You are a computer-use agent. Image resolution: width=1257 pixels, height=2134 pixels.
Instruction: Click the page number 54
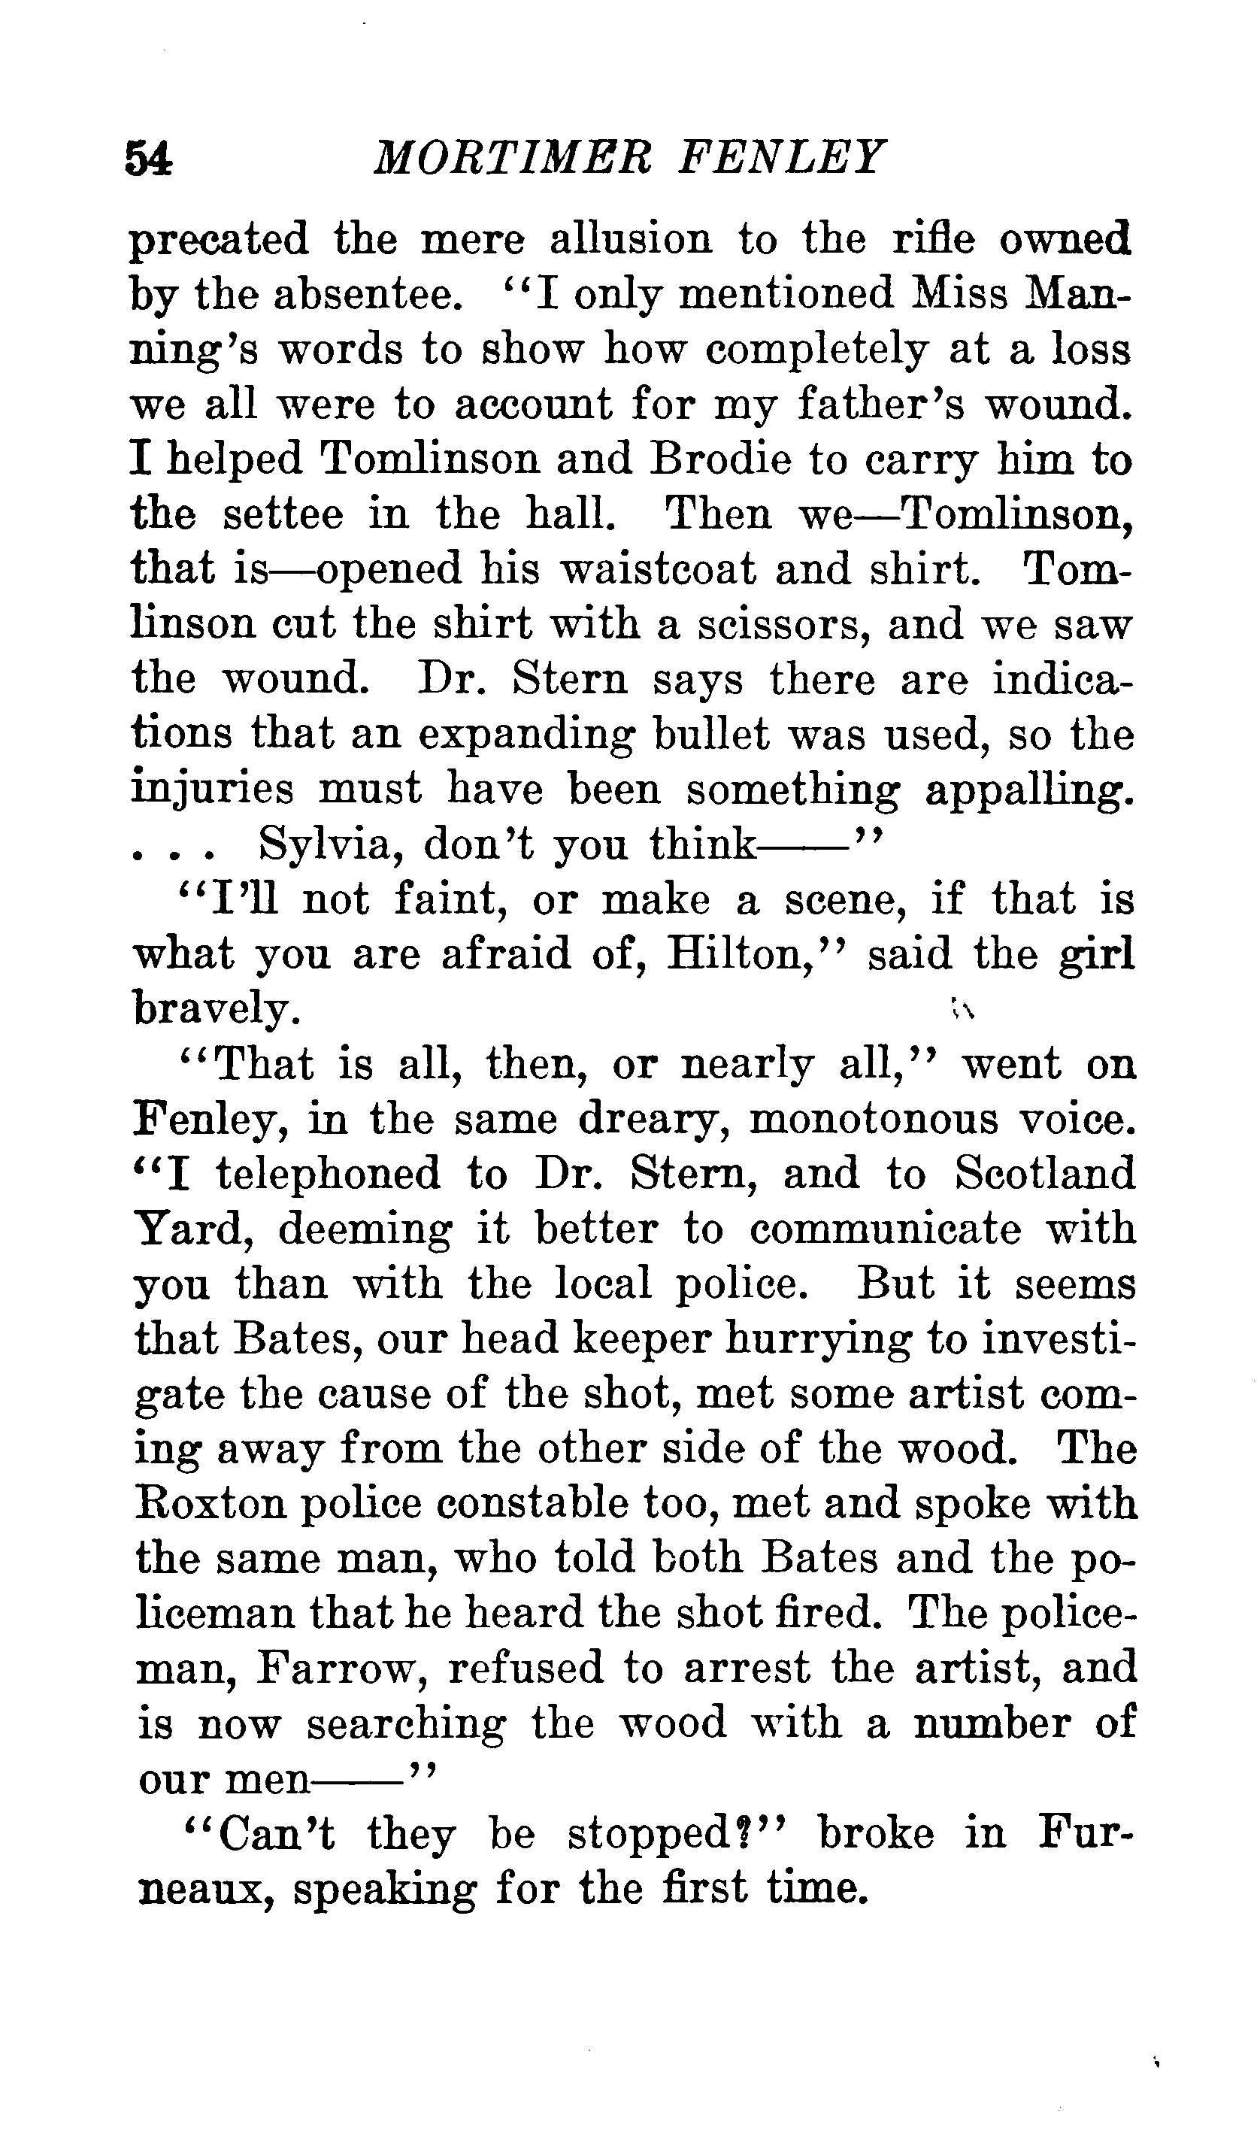[149, 159]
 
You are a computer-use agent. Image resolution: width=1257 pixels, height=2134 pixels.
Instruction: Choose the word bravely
[216, 1009]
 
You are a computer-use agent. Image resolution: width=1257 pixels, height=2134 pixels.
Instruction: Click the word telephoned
[328, 1175]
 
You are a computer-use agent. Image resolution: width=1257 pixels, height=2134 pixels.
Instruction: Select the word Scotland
[1043, 1175]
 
